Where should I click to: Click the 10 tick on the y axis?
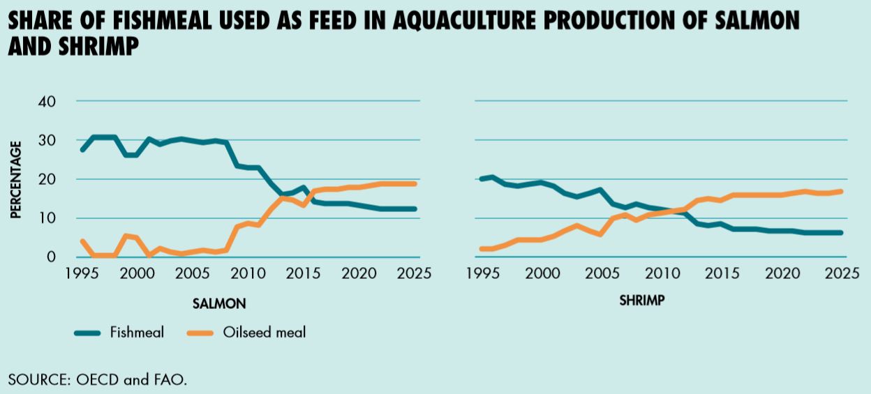pos(47,218)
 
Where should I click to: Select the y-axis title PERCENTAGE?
pos(16,180)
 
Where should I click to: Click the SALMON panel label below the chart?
pos(219,303)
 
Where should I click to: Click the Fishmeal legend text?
pos(137,333)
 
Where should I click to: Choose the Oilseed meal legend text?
pos(265,333)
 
